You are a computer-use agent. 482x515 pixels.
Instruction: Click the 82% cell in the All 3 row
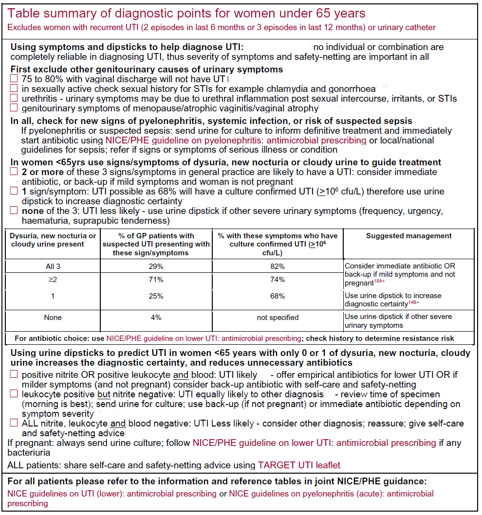coord(278,266)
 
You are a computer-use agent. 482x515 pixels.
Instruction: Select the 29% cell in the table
coord(156,266)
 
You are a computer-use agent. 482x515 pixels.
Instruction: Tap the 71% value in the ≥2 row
coord(156,280)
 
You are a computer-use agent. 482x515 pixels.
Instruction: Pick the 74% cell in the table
coord(278,280)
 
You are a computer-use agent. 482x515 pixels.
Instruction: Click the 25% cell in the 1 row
coord(156,296)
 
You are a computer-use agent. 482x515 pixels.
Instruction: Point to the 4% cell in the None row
coord(156,318)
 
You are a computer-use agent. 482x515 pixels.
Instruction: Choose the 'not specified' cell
coord(278,318)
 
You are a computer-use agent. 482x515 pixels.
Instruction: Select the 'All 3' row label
coord(53,266)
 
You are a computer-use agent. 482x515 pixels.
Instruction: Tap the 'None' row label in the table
coord(53,318)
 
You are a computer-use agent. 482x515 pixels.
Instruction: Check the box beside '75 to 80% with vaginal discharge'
coord(14,79)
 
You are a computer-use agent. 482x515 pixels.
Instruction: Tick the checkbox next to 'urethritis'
coord(14,99)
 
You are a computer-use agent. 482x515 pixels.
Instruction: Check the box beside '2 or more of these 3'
coord(14,172)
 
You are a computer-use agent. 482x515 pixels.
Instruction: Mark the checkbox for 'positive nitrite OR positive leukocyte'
coord(14,374)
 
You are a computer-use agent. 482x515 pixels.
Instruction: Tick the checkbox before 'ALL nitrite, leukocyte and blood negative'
coord(14,424)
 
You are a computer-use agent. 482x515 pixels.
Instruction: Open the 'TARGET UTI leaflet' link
coord(299,465)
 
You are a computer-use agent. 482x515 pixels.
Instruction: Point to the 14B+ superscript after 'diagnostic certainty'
coord(414,302)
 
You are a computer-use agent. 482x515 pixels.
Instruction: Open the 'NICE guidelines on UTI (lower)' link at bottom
coord(112,494)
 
